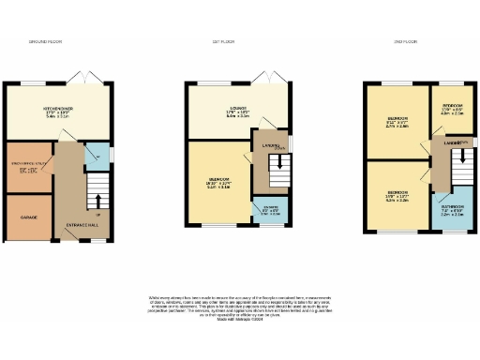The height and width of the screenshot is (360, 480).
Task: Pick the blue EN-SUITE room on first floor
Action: point(271,210)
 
